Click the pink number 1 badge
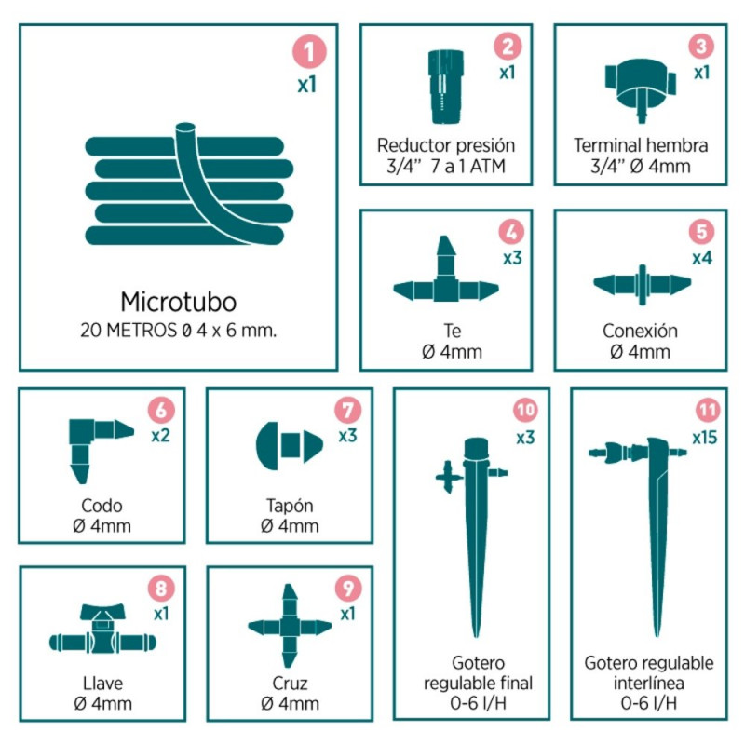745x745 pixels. coord(309,51)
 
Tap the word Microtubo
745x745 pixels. coord(179,302)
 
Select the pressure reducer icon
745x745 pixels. coord(446,87)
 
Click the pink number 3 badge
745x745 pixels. coord(701,46)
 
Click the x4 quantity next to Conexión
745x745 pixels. coord(702,258)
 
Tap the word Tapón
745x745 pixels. coord(290,506)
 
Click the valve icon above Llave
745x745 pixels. coord(102,629)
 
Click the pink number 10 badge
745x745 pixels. coord(525,410)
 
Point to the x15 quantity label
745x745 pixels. coord(705,437)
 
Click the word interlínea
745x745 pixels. coord(648,683)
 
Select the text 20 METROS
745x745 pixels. coord(129,331)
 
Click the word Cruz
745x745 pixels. coord(290,684)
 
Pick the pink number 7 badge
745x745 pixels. coord(347,410)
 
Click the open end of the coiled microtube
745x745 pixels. coord(185,128)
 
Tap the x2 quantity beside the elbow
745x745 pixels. coord(160,435)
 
